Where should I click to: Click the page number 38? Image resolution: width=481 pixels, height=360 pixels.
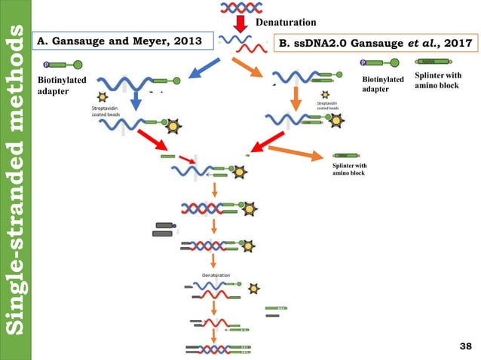click(464, 346)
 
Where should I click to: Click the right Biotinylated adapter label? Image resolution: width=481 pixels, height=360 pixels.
click(383, 84)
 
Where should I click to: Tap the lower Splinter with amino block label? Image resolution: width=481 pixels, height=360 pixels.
click(350, 169)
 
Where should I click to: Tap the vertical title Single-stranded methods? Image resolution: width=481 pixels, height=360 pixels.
click(17, 180)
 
